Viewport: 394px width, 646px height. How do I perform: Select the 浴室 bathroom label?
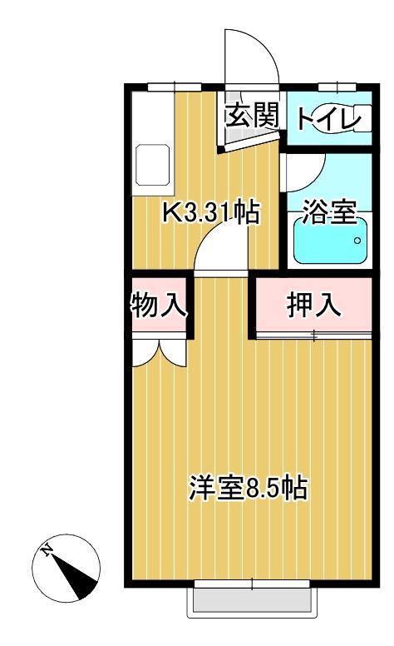click(329, 212)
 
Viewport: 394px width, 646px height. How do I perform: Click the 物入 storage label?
click(158, 306)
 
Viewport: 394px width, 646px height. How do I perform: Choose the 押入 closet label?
click(314, 306)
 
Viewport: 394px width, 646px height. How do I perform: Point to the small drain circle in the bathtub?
click(358, 241)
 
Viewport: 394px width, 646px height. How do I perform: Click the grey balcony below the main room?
click(254, 600)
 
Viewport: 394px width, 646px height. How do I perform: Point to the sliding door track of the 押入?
click(313, 335)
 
